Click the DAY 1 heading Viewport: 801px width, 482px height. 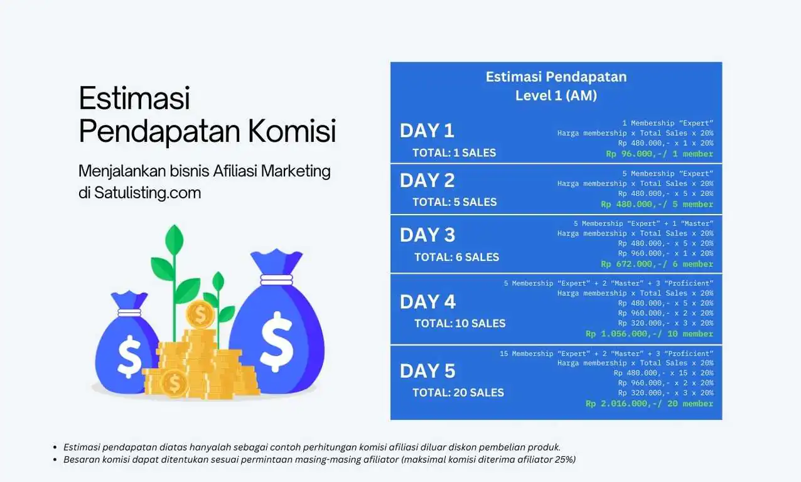coord(427,131)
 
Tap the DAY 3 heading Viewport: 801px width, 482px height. coord(427,235)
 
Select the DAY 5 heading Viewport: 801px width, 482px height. coord(427,371)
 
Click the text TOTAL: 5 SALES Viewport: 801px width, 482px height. coord(454,202)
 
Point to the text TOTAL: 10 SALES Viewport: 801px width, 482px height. coord(460,324)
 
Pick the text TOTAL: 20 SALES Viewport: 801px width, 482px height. coord(458,393)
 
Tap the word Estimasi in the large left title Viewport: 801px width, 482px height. coord(134,99)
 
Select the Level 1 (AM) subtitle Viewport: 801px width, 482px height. coord(556,96)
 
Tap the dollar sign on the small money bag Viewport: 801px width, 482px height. coord(130,355)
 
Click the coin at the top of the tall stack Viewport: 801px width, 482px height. coord(200,314)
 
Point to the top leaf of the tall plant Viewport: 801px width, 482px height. coord(174,238)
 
